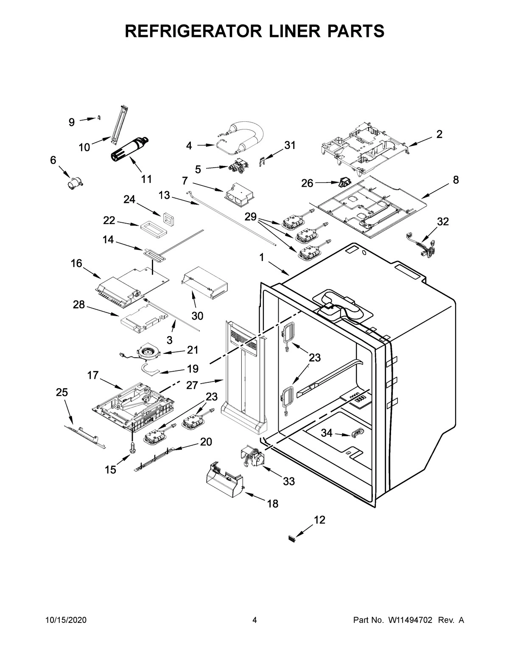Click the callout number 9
click(x=72, y=123)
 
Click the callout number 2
click(x=439, y=135)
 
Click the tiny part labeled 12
click(x=292, y=538)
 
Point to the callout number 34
click(x=326, y=433)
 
